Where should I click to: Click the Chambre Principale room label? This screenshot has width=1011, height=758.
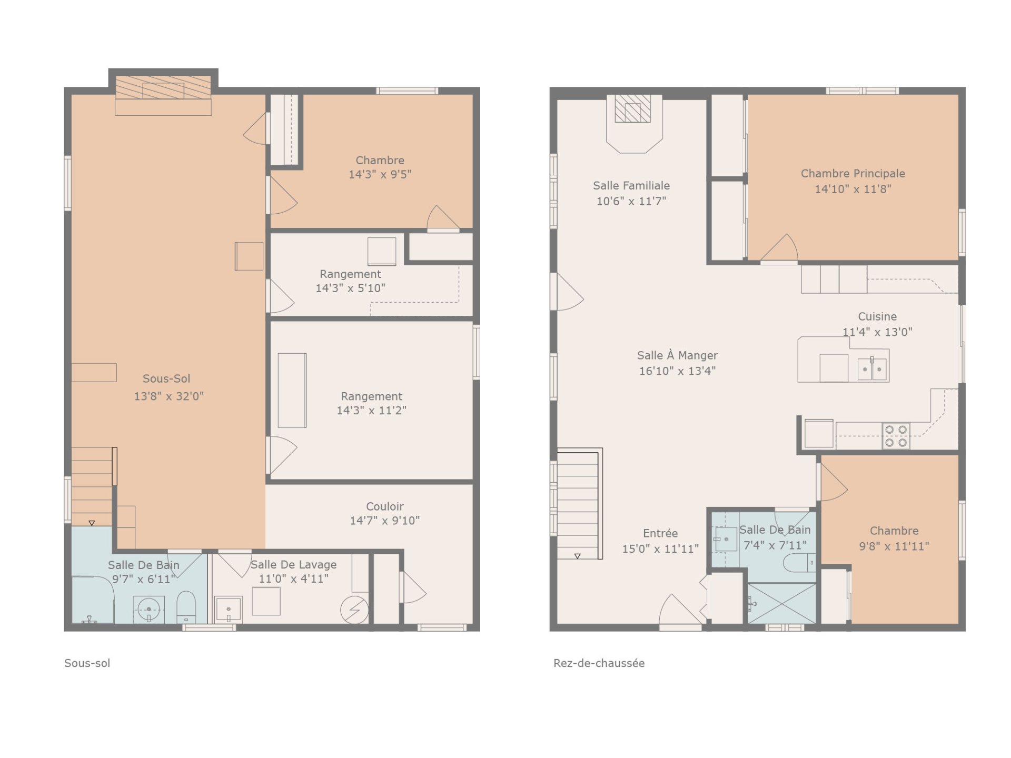click(853, 173)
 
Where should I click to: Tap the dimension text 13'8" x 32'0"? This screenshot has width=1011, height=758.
click(168, 396)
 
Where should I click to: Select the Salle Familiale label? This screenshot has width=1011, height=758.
click(631, 185)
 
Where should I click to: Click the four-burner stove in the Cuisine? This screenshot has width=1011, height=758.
click(896, 436)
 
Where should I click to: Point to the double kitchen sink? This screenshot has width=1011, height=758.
click(872, 369)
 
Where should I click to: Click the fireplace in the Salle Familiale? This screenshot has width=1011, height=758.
click(633, 109)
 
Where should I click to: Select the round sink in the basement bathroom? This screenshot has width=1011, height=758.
click(148, 610)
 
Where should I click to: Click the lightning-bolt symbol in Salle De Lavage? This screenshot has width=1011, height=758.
click(354, 610)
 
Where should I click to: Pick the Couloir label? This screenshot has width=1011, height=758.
click(385, 506)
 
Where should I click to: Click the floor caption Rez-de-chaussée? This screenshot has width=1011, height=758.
click(599, 663)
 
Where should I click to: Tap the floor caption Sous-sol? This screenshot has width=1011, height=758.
click(87, 663)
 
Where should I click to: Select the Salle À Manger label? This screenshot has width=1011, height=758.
click(677, 355)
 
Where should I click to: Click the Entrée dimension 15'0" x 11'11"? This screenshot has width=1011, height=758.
click(660, 548)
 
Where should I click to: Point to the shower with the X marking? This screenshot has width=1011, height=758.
click(782, 603)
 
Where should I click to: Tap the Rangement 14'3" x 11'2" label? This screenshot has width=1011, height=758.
click(372, 403)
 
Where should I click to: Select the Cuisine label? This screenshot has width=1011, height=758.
click(877, 316)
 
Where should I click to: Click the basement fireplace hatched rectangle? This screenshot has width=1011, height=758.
click(163, 87)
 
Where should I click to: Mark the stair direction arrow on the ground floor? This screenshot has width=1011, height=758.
click(577, 556)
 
